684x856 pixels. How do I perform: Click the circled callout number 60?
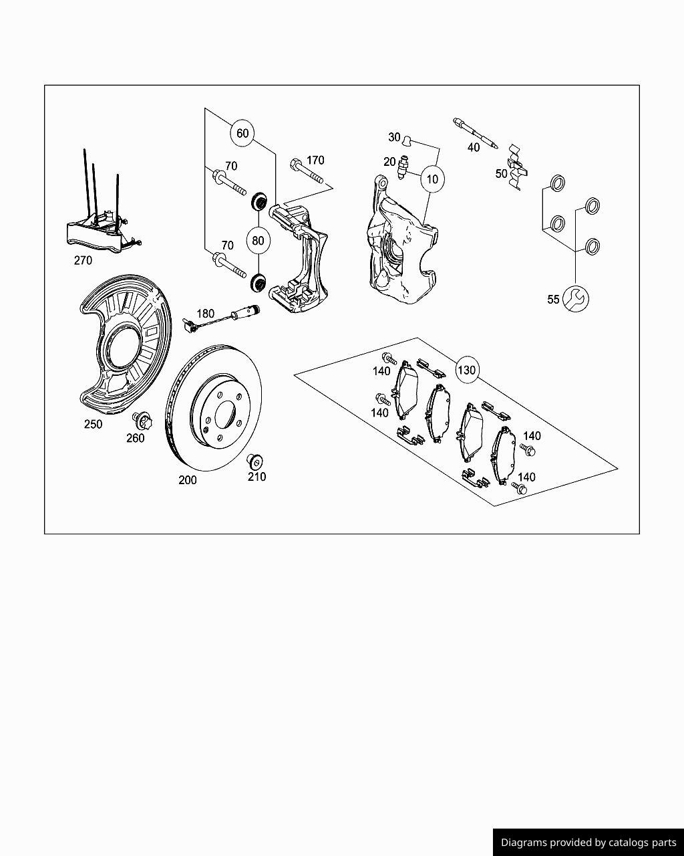pyautogui.click(x=242, y=133)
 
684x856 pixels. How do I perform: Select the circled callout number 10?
pyautogui.click(x=432, y=179)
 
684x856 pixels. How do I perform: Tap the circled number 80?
pyautogui.click(x=258, y=241)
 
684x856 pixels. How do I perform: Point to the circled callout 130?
pyautogui.click(x=467, y=370)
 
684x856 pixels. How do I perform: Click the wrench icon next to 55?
pyautogui.click(x=576, y=299)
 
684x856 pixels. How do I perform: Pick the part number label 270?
pyautogui.click(x=83, y=261)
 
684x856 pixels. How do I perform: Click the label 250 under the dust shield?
pyautogui.click(x=93, y=424)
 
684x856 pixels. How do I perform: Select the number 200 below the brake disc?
pyautogui.click(x=188, y=480)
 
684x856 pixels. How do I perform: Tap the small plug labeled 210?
pyautogui.click(x=254, y=461)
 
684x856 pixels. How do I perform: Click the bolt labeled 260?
pyautogui.click(x=142, y=421)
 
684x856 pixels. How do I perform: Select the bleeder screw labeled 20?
pyautogui.click(x=403, y=167)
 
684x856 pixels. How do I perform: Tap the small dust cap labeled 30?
pyautogui.click(x=407, y=140)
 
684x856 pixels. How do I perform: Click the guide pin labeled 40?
pyautogui.click(x=475, y=134)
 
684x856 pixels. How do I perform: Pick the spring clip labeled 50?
pyautogui.click(x=517, y=167)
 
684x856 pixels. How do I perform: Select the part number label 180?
pyautogui.click(x=206, y=314)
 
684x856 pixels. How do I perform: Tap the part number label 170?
pyautogui.click(x=315, y=160)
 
